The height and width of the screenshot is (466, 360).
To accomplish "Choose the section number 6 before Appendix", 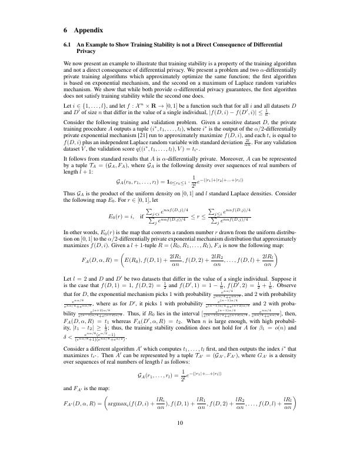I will [x=65, y=29].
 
